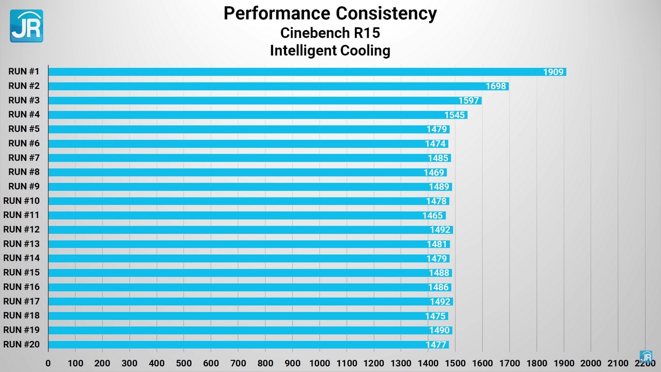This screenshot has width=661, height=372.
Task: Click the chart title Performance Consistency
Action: (x=330, y=13)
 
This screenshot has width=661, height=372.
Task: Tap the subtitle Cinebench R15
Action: (x=330, y=33)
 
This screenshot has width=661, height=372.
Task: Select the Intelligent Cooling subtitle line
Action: (x=330, y=51)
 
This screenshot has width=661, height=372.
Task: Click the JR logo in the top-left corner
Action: (x=26, y=26)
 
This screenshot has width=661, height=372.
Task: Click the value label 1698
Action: (x=496, y=86)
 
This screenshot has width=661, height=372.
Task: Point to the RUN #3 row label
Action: (x=24, y=100)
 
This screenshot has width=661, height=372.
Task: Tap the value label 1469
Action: (x=434, y=173)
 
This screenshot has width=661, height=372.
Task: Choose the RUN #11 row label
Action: (x=21, y=215)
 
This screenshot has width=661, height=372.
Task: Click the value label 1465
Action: (x=433, y=215)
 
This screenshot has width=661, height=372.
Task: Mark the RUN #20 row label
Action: (x=21, y=344)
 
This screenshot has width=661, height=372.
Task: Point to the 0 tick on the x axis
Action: (x=48, y=363)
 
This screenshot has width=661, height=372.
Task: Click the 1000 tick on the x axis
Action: (x=320, y=363)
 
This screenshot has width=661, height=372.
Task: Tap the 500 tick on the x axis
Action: (x=184, y=363)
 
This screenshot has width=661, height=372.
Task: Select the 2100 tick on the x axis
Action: (x=618, y=363)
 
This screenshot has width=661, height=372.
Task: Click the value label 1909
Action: (x=553, y=72)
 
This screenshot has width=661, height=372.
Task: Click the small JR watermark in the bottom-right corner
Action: (x=646, y=357)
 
